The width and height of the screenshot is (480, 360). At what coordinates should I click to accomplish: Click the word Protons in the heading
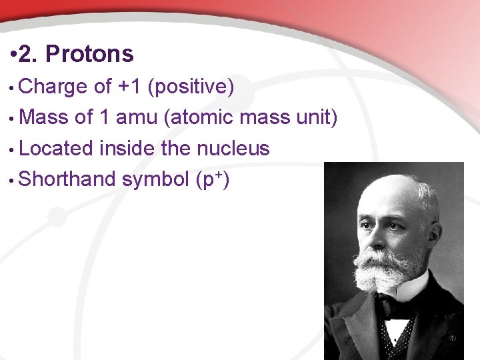click(x=89, y=54)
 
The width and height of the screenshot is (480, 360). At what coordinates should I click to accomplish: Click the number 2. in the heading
click(x=29, y=54)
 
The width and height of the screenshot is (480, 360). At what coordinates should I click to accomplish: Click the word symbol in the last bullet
click(x=155, y=179)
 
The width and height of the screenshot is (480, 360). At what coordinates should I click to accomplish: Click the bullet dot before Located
click(x=13, y=149)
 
